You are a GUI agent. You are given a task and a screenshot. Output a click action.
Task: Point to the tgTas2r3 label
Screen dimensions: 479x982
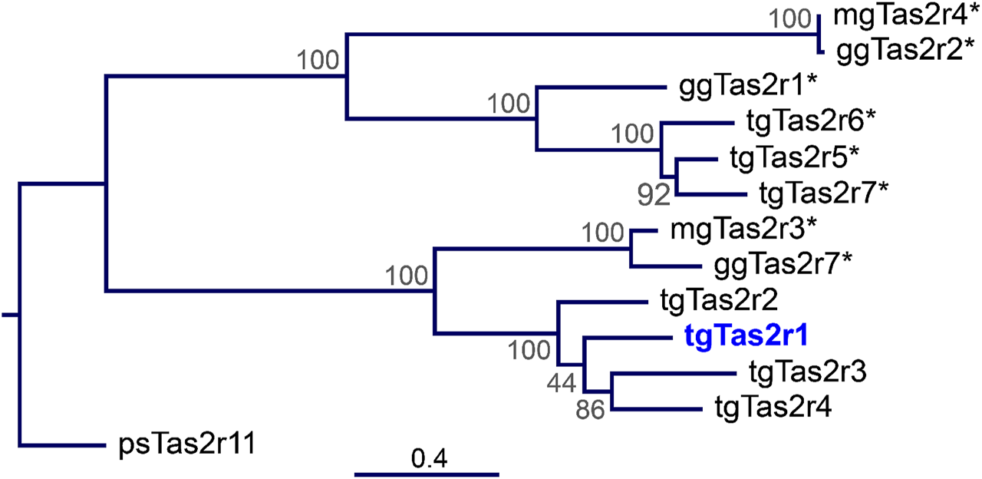pyautogui.click(x=806, y=372)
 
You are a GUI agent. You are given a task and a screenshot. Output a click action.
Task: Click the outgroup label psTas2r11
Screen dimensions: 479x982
pyautogui.click(x=172, y=444)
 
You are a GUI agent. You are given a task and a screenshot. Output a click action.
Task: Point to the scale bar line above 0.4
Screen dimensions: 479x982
pyautogui.click(x=427, y=472)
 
